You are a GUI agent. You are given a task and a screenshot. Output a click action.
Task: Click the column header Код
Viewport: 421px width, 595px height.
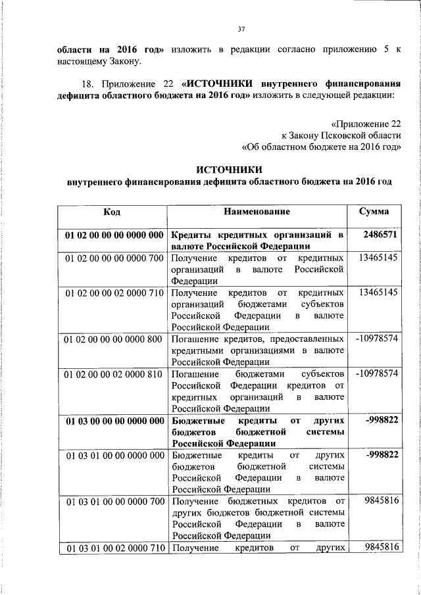(x=112, y=212)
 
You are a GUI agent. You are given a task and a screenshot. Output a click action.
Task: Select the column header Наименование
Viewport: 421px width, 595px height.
(x=257, y=212)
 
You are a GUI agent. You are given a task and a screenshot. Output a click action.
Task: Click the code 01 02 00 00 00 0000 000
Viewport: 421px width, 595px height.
(x=114, y=234)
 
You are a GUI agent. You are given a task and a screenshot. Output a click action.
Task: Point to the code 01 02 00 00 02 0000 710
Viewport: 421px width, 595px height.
(x=114, y=291)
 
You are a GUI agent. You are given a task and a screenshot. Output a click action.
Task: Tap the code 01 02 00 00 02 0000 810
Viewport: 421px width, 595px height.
(x=114, y=373)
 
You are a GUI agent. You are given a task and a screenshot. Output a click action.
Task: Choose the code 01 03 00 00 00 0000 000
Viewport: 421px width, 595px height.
(x=114, y=420)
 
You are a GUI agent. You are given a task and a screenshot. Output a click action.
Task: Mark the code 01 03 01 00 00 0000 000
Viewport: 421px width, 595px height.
(x=114, y=455)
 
